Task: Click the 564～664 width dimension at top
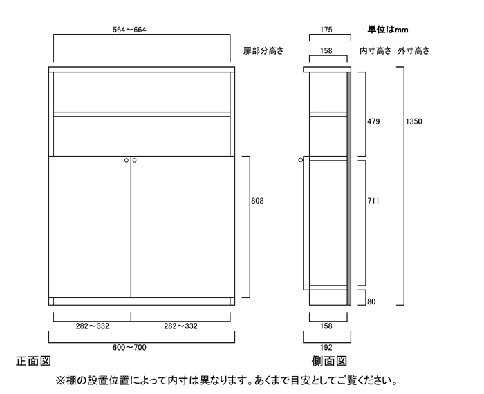[x=129, y=30]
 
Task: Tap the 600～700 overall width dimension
[x=129, y=348]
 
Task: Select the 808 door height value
[x=257, y=201]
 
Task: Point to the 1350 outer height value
[x=413, y=121]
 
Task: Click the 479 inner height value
[x=373, y=121]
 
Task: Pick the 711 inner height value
[x=373, y=201]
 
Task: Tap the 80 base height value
[x=372, y=302]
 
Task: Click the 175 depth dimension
[x=326, y=30]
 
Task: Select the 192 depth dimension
[x=326, y=348]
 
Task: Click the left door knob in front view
[x=127, y=161]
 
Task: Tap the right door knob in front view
[x=134, y=161]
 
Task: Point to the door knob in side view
[x=301, y=160]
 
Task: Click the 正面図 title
[x=33, y=361]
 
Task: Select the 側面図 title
[x=329, y=361]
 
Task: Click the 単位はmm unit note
[x=388, y=30]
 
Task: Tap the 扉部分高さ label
[x=263, y=50]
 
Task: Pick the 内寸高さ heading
[x=375, y=50]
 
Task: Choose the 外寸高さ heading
[x=413, y=50]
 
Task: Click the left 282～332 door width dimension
[x=93, y=326]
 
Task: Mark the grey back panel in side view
[x=349, y=188]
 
